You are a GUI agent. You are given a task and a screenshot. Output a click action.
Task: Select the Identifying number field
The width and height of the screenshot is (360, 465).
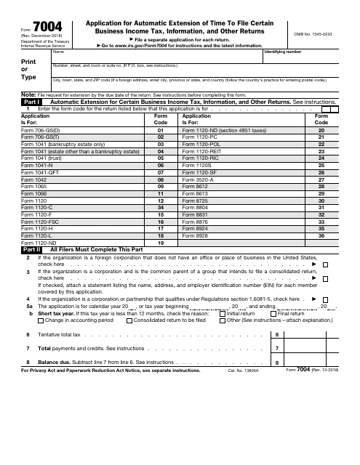point(305,59)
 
